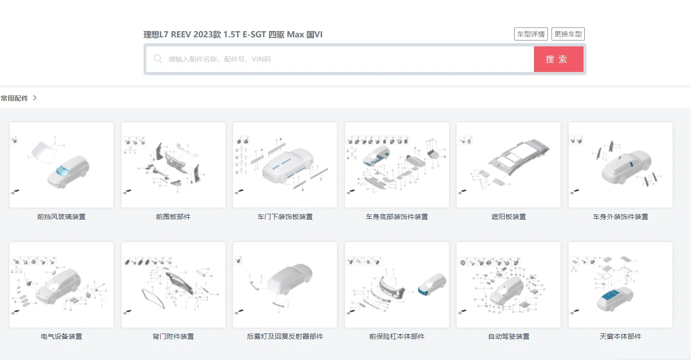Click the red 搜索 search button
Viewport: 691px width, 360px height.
click(558, 59)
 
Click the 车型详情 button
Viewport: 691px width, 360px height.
click(531, 34)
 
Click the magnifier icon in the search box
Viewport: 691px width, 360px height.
click(158, 59)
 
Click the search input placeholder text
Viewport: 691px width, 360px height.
click(220, 59)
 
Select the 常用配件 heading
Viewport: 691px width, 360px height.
click(14, 98)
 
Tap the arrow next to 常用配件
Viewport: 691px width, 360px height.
click(35, 98)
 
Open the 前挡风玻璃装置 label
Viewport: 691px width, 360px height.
click(61, 217)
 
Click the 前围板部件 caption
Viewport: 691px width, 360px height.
click(173, 217)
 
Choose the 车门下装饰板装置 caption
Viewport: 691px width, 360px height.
click(285, 217)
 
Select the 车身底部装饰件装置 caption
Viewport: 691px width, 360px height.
click(397, 217)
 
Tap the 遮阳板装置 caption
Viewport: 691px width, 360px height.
click(508, 217)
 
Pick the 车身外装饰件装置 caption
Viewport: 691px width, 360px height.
click(620, 217)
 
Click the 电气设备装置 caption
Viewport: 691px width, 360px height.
click(61, 337)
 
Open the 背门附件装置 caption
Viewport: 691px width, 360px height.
click(173, 337)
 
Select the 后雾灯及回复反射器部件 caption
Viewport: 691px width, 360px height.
click(285, 337)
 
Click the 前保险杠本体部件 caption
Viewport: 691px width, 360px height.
click(397, 337)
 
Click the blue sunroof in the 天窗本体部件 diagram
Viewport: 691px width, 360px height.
click(612, 295)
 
